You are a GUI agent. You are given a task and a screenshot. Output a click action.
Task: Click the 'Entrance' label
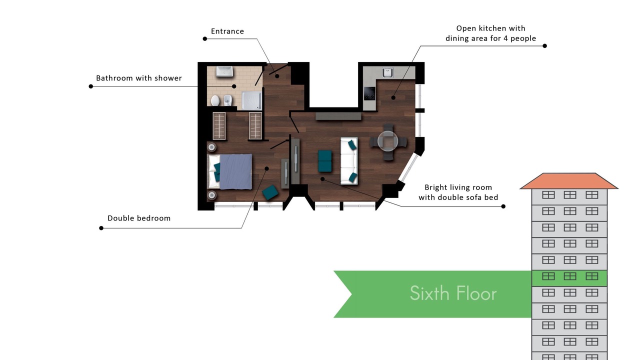(x=227, y=31)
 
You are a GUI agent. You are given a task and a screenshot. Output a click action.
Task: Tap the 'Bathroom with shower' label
(x=139, y=78)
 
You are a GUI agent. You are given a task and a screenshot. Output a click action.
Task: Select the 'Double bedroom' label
(x=139, y=218)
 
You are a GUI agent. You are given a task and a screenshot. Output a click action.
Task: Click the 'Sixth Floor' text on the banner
(x=453, y=293)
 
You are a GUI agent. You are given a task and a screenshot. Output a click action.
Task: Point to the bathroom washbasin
(x=224, y=71)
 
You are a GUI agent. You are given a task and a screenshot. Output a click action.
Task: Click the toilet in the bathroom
(x=215, y=100)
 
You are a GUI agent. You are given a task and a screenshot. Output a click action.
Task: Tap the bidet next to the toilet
(x=227, y=100)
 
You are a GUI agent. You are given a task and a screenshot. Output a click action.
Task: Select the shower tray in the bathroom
(x=251, y=100)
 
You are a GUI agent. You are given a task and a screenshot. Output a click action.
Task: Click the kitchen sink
(x=387, y=72)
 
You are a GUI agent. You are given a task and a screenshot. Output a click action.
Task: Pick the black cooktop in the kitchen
(x=369, y=93)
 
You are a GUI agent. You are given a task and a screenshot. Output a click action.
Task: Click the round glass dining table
(x=387, y=141)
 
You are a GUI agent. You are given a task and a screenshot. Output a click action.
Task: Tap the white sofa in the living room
(x=349, y=161)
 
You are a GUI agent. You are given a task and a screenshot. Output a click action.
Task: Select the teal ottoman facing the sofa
(x=325, y=161)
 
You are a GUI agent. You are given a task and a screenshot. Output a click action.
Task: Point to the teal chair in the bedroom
(x=270, y=192)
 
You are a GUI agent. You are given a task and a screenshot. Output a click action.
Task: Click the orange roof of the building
(x=569, y=181)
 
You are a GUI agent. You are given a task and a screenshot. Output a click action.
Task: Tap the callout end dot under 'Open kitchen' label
(x=544, y=45)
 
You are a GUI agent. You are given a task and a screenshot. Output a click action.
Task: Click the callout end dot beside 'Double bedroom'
(x=101, y=228)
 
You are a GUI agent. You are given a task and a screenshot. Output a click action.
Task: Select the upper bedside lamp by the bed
(x=211, y=147)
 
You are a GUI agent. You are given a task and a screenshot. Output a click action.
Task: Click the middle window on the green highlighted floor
(x=569, y=276)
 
